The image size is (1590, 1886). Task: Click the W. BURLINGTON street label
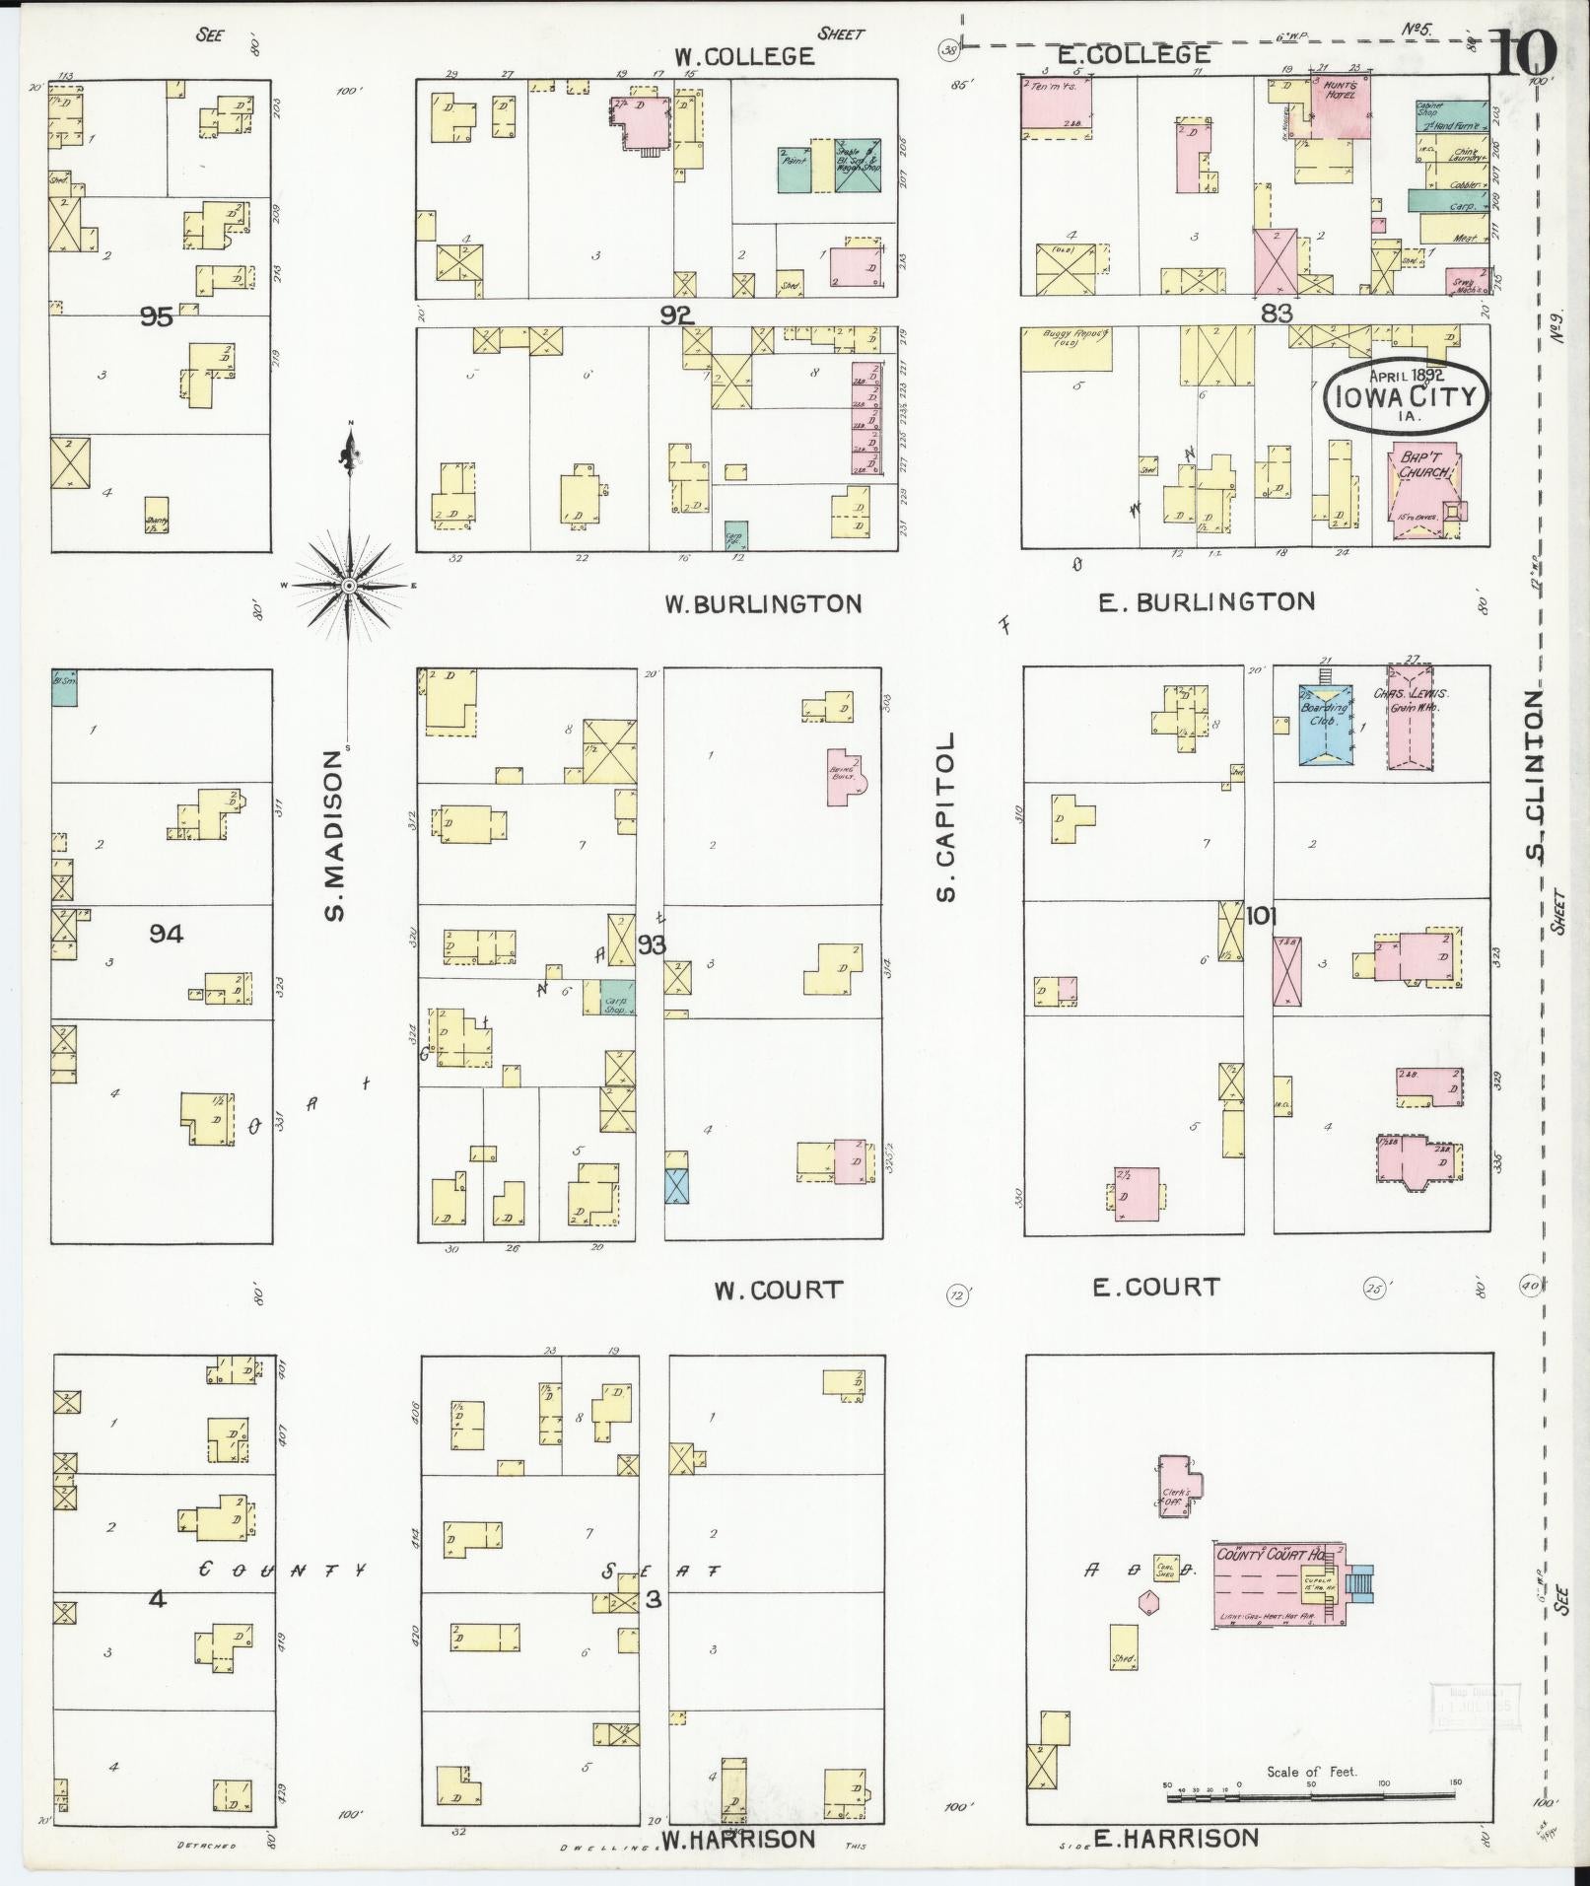tap(763, 604)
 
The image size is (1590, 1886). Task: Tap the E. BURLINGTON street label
tap(1207, 601)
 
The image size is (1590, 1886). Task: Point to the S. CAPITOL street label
tap(946, 816)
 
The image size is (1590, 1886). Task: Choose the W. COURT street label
tap(780, 1289)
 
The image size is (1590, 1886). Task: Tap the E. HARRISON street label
tap(1176, 1838)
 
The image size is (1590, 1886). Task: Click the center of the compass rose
tap(348, 586)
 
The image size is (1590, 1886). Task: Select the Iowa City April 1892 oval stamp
tap(1406, 395)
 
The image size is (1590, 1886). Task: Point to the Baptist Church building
tap(1424, 493)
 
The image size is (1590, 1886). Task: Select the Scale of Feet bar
tap(1314, 1796)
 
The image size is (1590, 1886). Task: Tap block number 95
tap(157, 316)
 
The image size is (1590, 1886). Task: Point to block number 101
tap(1261, 916)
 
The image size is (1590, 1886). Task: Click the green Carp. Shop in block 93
tap(618, 998)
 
